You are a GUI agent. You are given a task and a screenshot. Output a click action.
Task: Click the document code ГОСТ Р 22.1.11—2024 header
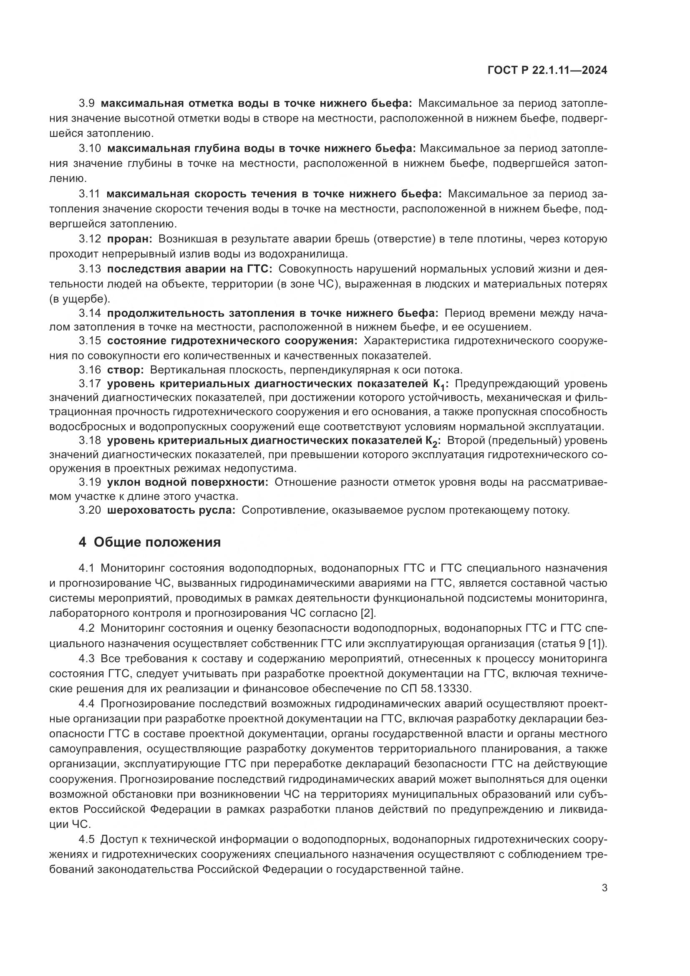[x=547, y=71]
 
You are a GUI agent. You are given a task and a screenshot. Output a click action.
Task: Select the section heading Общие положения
[x=157, y=542]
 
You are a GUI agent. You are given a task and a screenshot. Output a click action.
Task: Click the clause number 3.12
[x=90, y=239]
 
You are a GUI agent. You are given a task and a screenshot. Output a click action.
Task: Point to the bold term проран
[x=129, y=239]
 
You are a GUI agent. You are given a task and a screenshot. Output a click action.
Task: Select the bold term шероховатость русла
[x=171, y=510]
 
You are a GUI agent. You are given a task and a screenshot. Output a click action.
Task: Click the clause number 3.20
[x=90, y=510]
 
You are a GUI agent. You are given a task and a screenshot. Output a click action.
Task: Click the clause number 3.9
[x=87, y=103]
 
